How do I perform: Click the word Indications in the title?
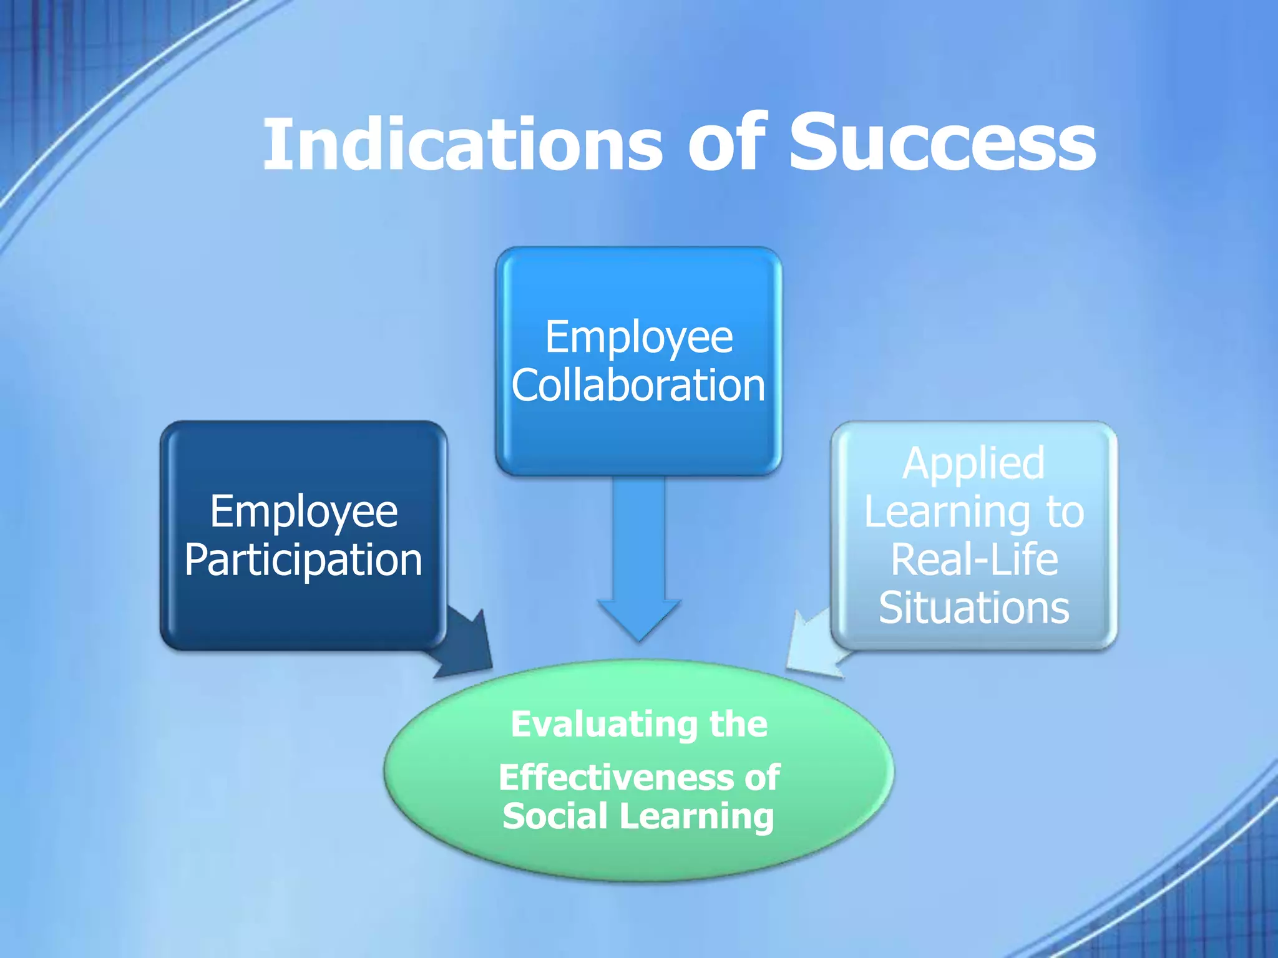point(462,145)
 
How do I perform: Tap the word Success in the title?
point(942,145)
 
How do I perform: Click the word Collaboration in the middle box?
point(638,385)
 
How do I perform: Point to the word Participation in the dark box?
point(303,560)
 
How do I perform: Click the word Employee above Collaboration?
point(638,337)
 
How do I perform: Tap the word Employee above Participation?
point(303,512)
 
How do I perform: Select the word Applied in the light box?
point(973,463)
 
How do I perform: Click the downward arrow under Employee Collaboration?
point(639,561)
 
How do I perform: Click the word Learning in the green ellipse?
point(696,817)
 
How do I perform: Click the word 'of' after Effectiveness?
point(762,778)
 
